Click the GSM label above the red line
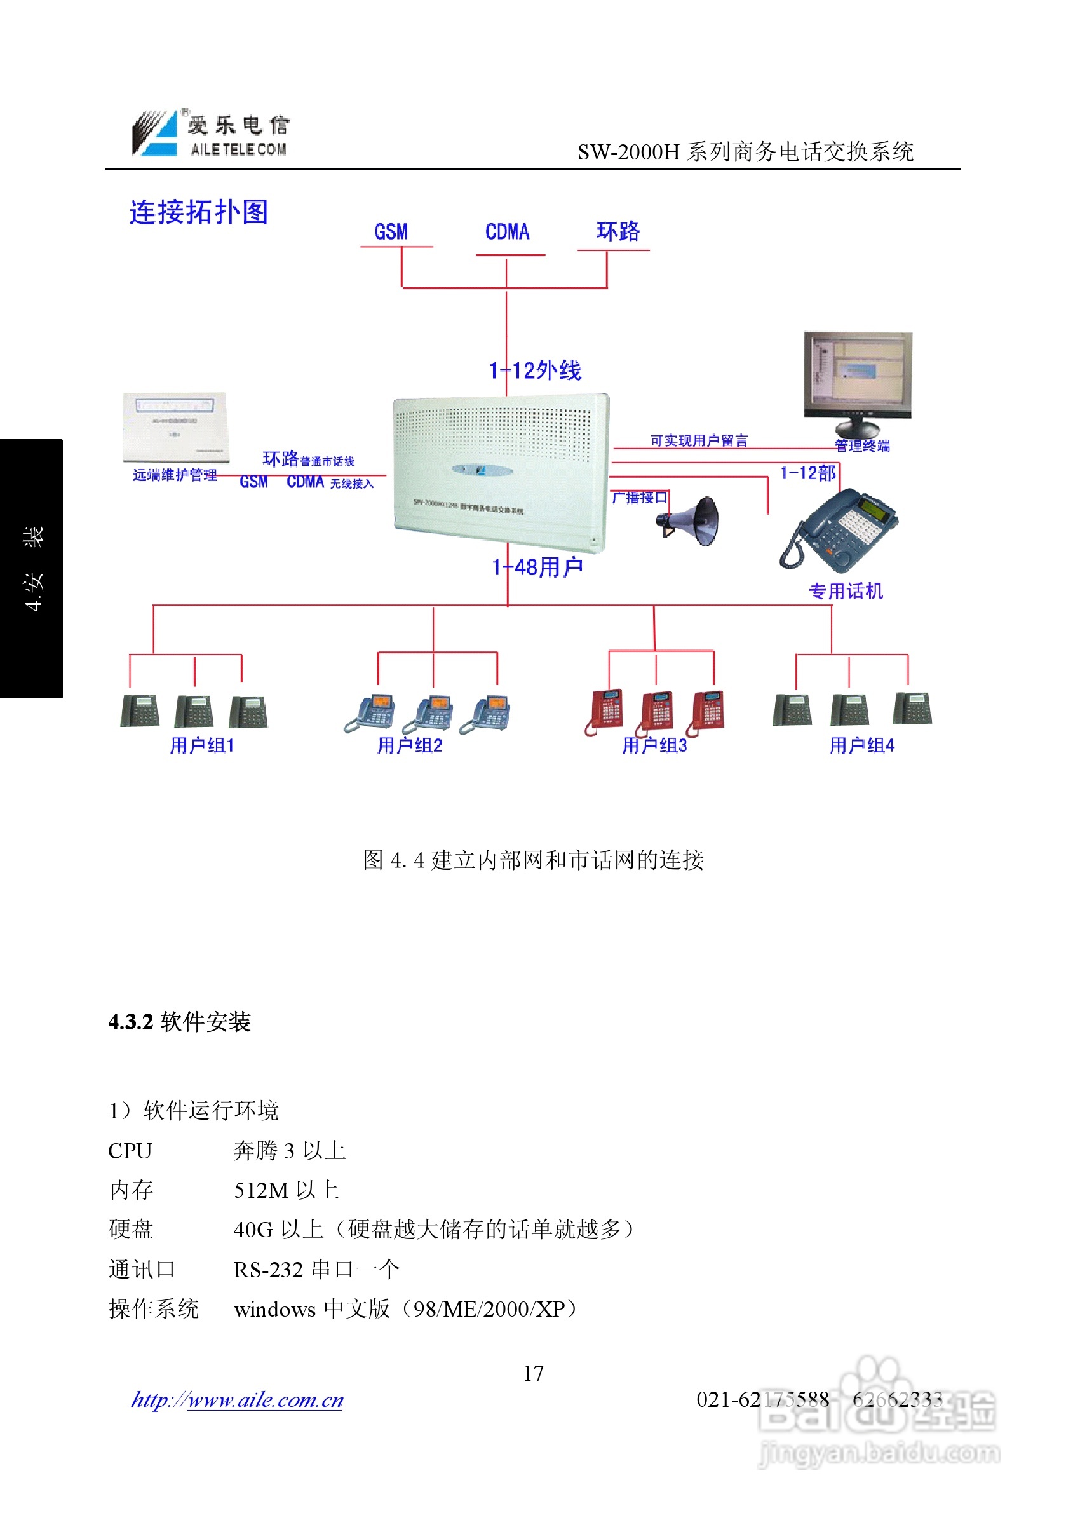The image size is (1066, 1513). click(x=391, y=232)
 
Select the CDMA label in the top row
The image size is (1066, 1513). click(x=507, y=232)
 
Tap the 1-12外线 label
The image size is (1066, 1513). click(x=535, y=370)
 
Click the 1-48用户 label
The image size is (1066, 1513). click(x=537, y=567)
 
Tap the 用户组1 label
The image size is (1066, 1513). click(x=201, y=745)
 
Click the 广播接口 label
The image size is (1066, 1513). click(x=638, y=498)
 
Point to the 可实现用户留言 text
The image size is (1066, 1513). click(x=698, y=441)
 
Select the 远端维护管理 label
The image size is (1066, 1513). click(x=175, y=475)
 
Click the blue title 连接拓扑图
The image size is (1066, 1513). click(x=198, y=212)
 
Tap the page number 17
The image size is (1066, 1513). click(x=533, y=1373)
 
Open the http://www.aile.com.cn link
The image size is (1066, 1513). click(x=237, y=1400)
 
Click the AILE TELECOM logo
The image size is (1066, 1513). click(x=211, y=134)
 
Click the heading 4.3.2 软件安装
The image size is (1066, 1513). click(x=179, y=1022)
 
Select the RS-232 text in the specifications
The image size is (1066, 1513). click(x=268, y=1269)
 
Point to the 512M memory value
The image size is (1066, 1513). click(x=261, y=1190)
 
